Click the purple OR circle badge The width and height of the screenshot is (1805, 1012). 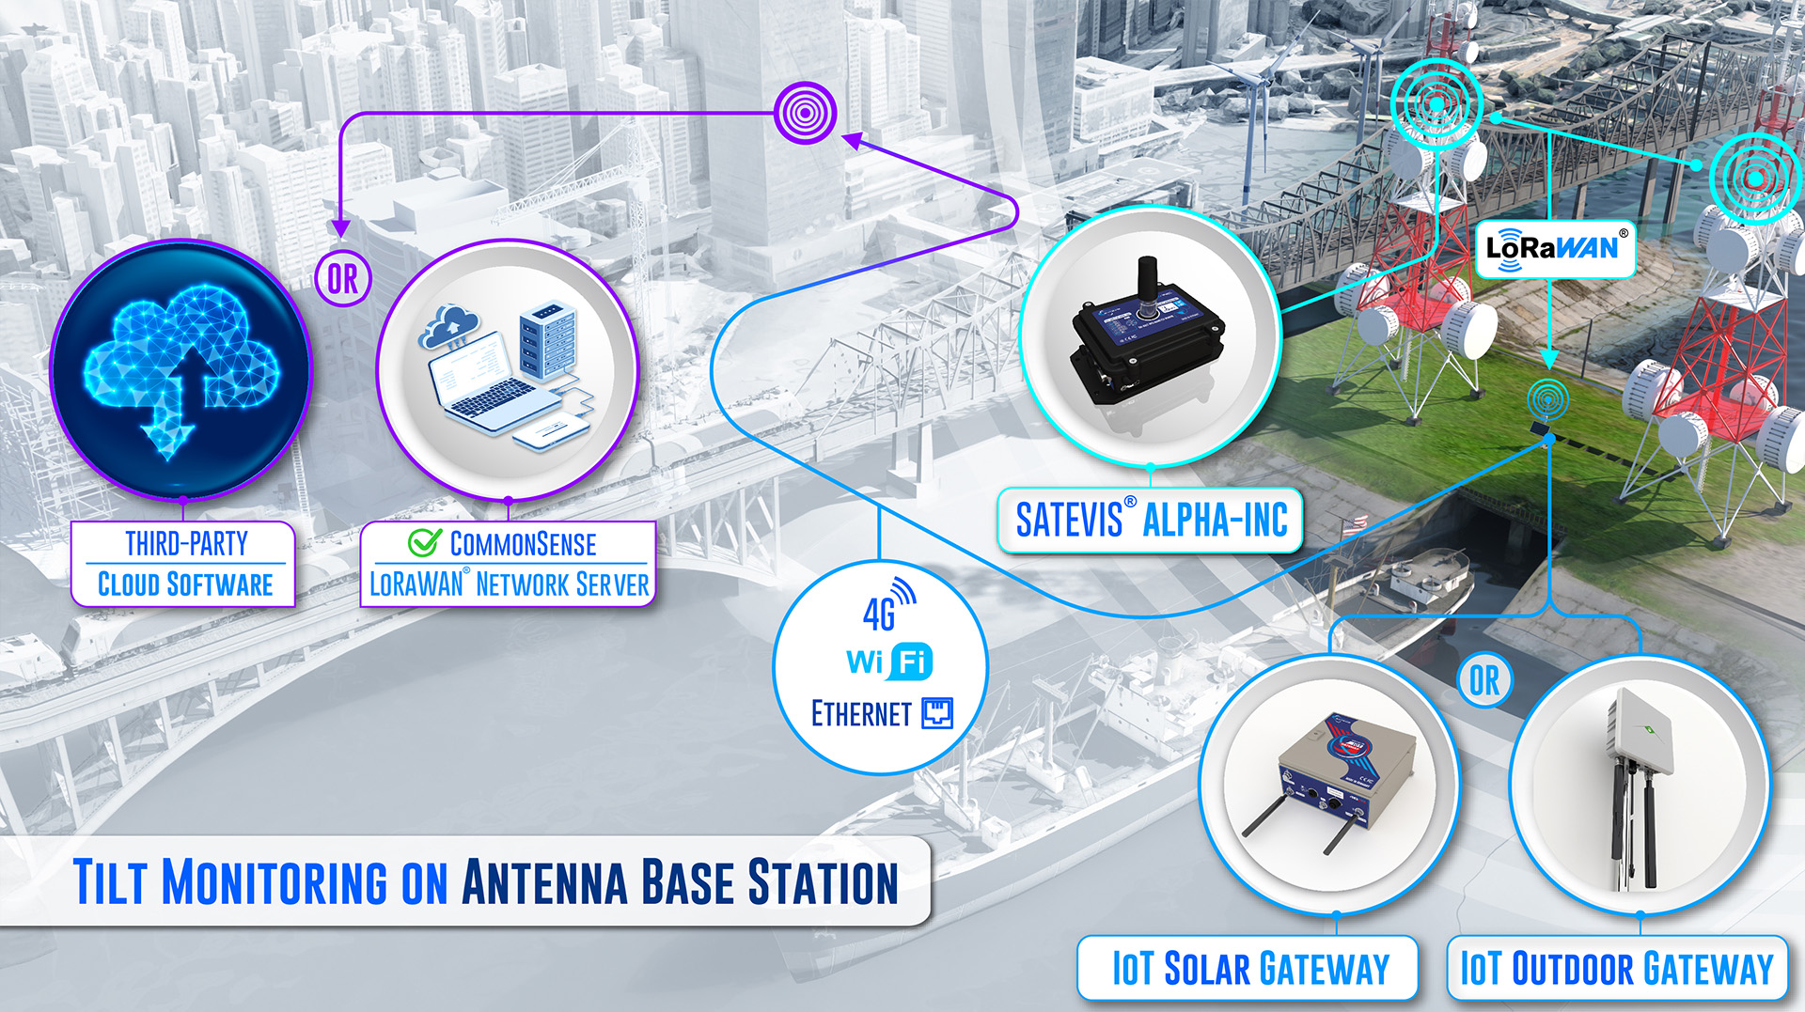(x=343, y=278)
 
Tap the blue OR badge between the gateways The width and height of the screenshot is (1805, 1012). (x=1485, y=680)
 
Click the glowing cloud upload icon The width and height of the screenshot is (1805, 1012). (x=181, y=369)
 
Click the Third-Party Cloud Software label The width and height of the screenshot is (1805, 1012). (x=184, y=564)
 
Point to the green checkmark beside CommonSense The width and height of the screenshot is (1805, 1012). (x=424, y=542)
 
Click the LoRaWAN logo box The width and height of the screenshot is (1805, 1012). (x=1556, y=249)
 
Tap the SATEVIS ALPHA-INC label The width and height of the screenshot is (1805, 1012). (x=1151, y=520)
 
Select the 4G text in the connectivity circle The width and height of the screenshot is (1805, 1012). (x=879, y=615)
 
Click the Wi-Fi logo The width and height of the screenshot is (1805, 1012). (x=888, y=662)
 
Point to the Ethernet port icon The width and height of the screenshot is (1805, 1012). (x=937, y=714)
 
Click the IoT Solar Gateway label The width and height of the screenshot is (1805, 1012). (x=1248, y=969)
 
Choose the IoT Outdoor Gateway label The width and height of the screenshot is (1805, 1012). (x=1617, y=969)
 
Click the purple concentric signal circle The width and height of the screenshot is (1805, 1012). (x=806, y=113)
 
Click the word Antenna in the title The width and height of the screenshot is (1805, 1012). (x=544, y=882)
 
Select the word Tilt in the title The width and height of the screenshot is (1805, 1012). (x=110, y=882)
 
